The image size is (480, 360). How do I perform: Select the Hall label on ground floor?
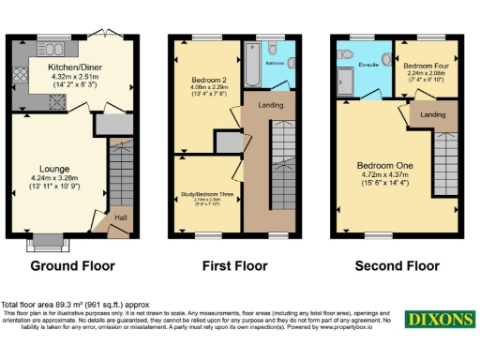tap(121, 218)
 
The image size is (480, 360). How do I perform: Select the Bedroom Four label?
tap(426, 67)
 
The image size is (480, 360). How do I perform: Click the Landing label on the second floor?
tap(432, 114)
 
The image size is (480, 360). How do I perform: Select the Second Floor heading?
tap(396, 266)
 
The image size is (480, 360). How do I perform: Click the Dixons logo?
tap(437, 320)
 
